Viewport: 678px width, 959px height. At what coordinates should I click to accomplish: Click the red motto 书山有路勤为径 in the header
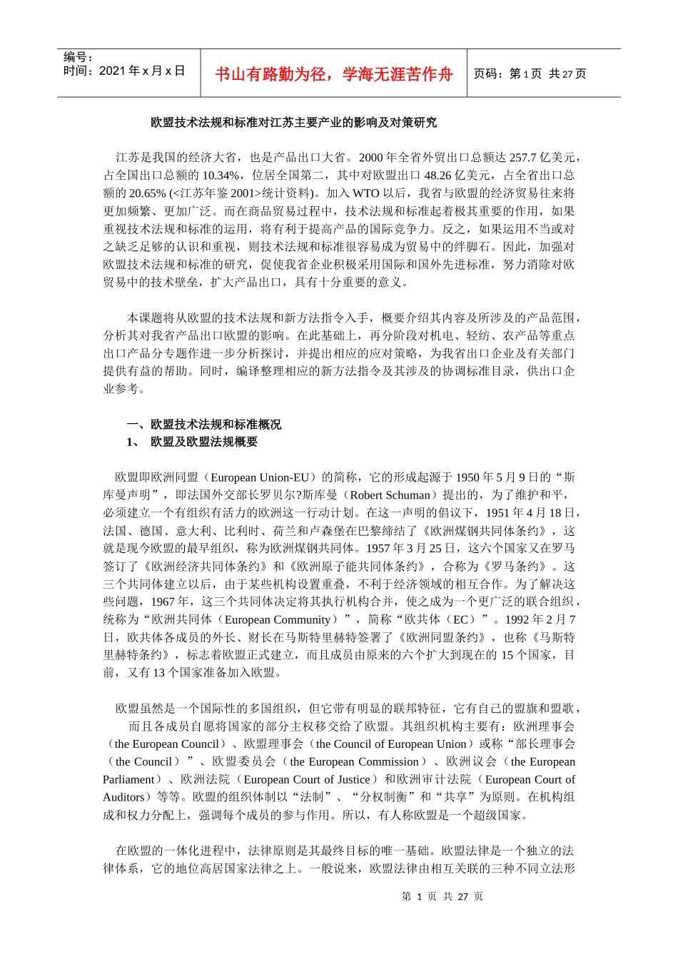tap(333, 74)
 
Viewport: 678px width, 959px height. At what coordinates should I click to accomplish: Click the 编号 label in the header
tap(79, 57)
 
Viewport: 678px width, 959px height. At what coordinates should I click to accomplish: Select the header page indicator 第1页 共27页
tap(530, 74)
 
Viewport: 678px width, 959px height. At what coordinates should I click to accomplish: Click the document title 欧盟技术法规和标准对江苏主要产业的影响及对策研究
tap(293, 122)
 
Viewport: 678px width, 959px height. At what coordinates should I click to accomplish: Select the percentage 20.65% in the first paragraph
tap(147, 193)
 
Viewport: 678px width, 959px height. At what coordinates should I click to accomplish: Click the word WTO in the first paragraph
tap(366, 193)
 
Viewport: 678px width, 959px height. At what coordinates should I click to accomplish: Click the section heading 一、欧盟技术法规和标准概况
tap(204, 425)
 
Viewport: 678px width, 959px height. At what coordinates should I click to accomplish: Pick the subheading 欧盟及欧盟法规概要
tap(204, 442)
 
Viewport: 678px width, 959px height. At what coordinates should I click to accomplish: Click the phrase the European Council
tap(166, 744)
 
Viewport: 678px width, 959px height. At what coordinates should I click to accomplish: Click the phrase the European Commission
tap(355, 762)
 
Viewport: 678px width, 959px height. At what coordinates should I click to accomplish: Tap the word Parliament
tap(129, 780)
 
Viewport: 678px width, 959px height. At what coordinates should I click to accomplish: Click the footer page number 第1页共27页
tap(442, 897)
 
